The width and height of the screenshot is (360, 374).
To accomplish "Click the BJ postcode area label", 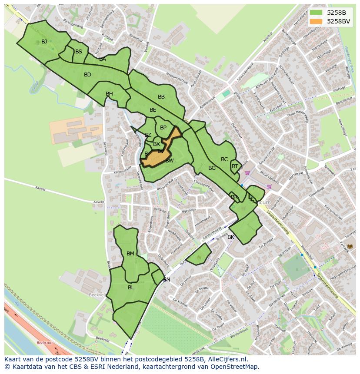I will (44, 42).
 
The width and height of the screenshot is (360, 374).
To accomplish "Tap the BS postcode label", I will (79, 52).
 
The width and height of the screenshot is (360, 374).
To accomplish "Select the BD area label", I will (87, 75).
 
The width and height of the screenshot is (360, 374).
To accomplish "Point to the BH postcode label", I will (109, 94).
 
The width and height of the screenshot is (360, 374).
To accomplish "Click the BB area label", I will (161, 97).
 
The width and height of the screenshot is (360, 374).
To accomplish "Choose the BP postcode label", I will (163, 128).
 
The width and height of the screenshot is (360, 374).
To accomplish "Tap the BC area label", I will (224, 159).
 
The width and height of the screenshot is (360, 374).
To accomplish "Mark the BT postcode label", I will (235, 166).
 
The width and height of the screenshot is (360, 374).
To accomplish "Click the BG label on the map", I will (212, 168).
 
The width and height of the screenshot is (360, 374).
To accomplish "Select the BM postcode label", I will (130, 254).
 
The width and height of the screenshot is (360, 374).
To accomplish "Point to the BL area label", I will (131, 288).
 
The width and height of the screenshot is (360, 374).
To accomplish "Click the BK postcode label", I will (231, 237).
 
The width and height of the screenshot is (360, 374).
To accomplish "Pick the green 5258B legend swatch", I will (316, 13).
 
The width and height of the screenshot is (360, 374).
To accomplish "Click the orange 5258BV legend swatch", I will (316, 21).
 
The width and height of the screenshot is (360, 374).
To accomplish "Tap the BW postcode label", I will (170, 161).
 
